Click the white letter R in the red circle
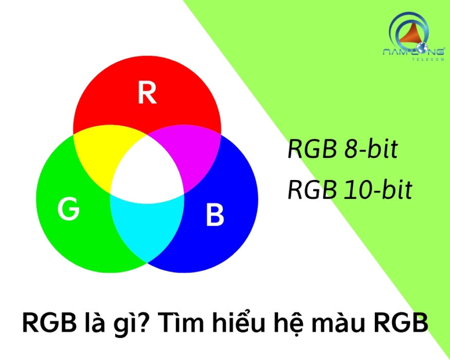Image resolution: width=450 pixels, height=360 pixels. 147,93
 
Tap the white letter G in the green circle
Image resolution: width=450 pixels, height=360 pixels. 68,209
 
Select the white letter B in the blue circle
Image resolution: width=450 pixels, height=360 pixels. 215,215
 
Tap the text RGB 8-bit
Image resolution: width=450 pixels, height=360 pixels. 343,149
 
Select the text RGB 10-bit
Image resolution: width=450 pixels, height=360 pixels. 350,190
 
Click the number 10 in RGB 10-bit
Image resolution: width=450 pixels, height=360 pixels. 356,190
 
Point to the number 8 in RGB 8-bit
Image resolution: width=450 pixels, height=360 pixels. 350,150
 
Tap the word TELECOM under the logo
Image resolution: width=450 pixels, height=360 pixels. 428,59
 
